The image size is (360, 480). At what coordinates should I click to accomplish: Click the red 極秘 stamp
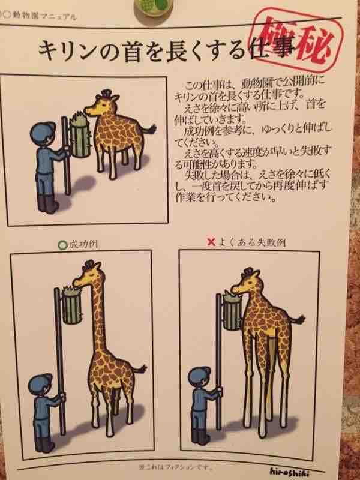click(296, 39)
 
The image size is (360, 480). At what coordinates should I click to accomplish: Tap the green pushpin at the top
click(153, 7)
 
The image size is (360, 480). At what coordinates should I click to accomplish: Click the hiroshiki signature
click(289, 472)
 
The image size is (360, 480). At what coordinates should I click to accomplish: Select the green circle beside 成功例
click(62, 245)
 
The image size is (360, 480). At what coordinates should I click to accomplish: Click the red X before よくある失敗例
click(212, 242)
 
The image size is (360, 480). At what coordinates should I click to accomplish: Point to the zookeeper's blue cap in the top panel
click(42, 133)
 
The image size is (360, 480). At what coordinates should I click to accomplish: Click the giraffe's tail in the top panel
click(149, 128)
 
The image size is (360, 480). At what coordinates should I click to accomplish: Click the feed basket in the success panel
click(71, 305)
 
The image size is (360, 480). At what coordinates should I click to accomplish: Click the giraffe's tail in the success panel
click(140, 370)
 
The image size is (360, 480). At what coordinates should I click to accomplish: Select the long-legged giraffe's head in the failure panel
click(246, 282)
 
